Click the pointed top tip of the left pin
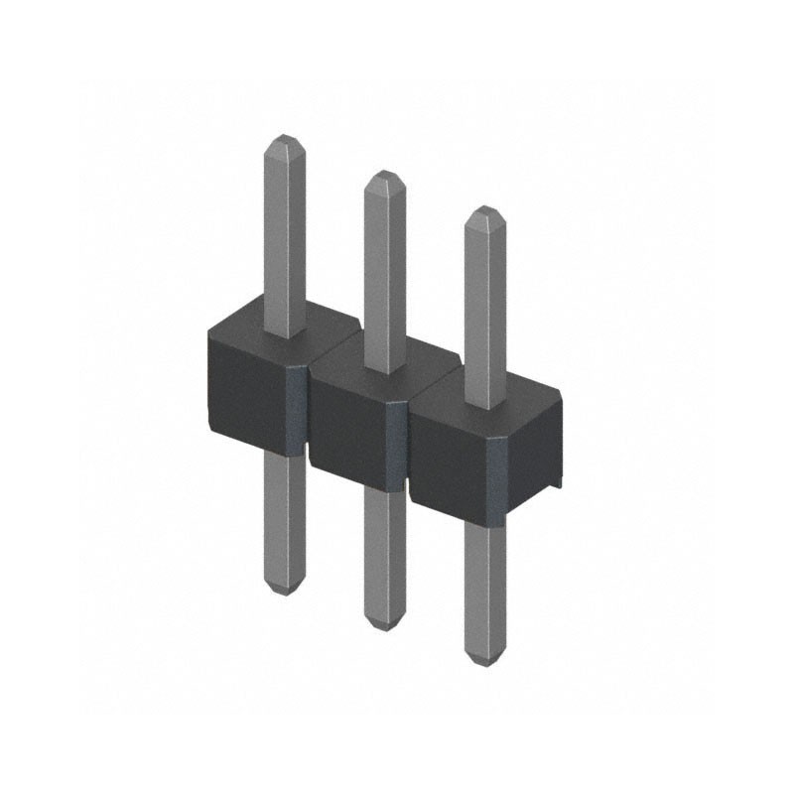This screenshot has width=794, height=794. click(284, 137)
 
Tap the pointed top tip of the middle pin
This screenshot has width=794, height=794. click(384, 175)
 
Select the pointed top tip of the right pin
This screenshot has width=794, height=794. click(484, 210)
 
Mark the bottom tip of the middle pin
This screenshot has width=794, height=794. click(384, 625)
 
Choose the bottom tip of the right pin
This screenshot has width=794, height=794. click(484, 661)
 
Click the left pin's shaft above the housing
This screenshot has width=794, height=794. click(284, 238)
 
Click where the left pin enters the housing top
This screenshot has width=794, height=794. click(285, 335)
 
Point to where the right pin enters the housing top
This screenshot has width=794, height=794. click(484, 407)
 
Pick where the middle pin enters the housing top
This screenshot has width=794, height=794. click(384, 371)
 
